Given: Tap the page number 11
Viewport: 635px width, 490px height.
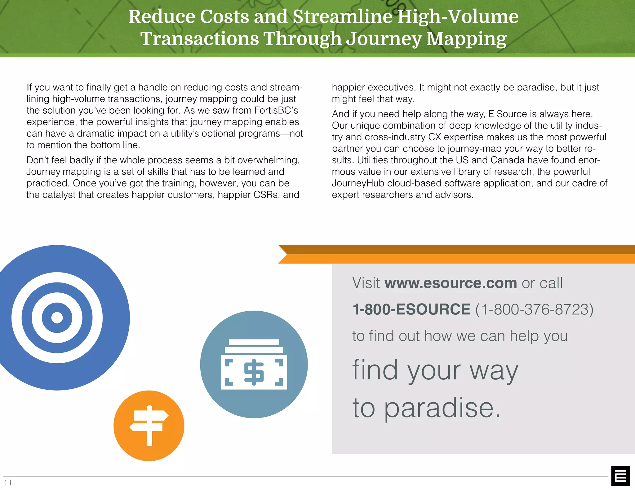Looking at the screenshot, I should point(8,482).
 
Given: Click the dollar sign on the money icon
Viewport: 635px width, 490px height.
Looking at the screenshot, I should point(254,372).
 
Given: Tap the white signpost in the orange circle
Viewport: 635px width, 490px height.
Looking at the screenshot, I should point(149,425).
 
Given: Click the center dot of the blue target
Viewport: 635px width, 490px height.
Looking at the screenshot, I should point(57,317).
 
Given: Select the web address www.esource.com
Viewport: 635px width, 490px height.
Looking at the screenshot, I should point(451,283).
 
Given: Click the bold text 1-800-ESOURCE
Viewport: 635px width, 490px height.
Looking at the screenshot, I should point(411,309).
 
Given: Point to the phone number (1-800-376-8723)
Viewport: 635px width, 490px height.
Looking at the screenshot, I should point(534,309).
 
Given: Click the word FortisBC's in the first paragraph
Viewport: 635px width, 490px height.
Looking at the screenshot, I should point(276,110).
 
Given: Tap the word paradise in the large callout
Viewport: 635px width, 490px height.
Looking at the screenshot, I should point(442,408).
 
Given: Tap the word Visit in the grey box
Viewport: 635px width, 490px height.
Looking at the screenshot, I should point(366,283).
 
